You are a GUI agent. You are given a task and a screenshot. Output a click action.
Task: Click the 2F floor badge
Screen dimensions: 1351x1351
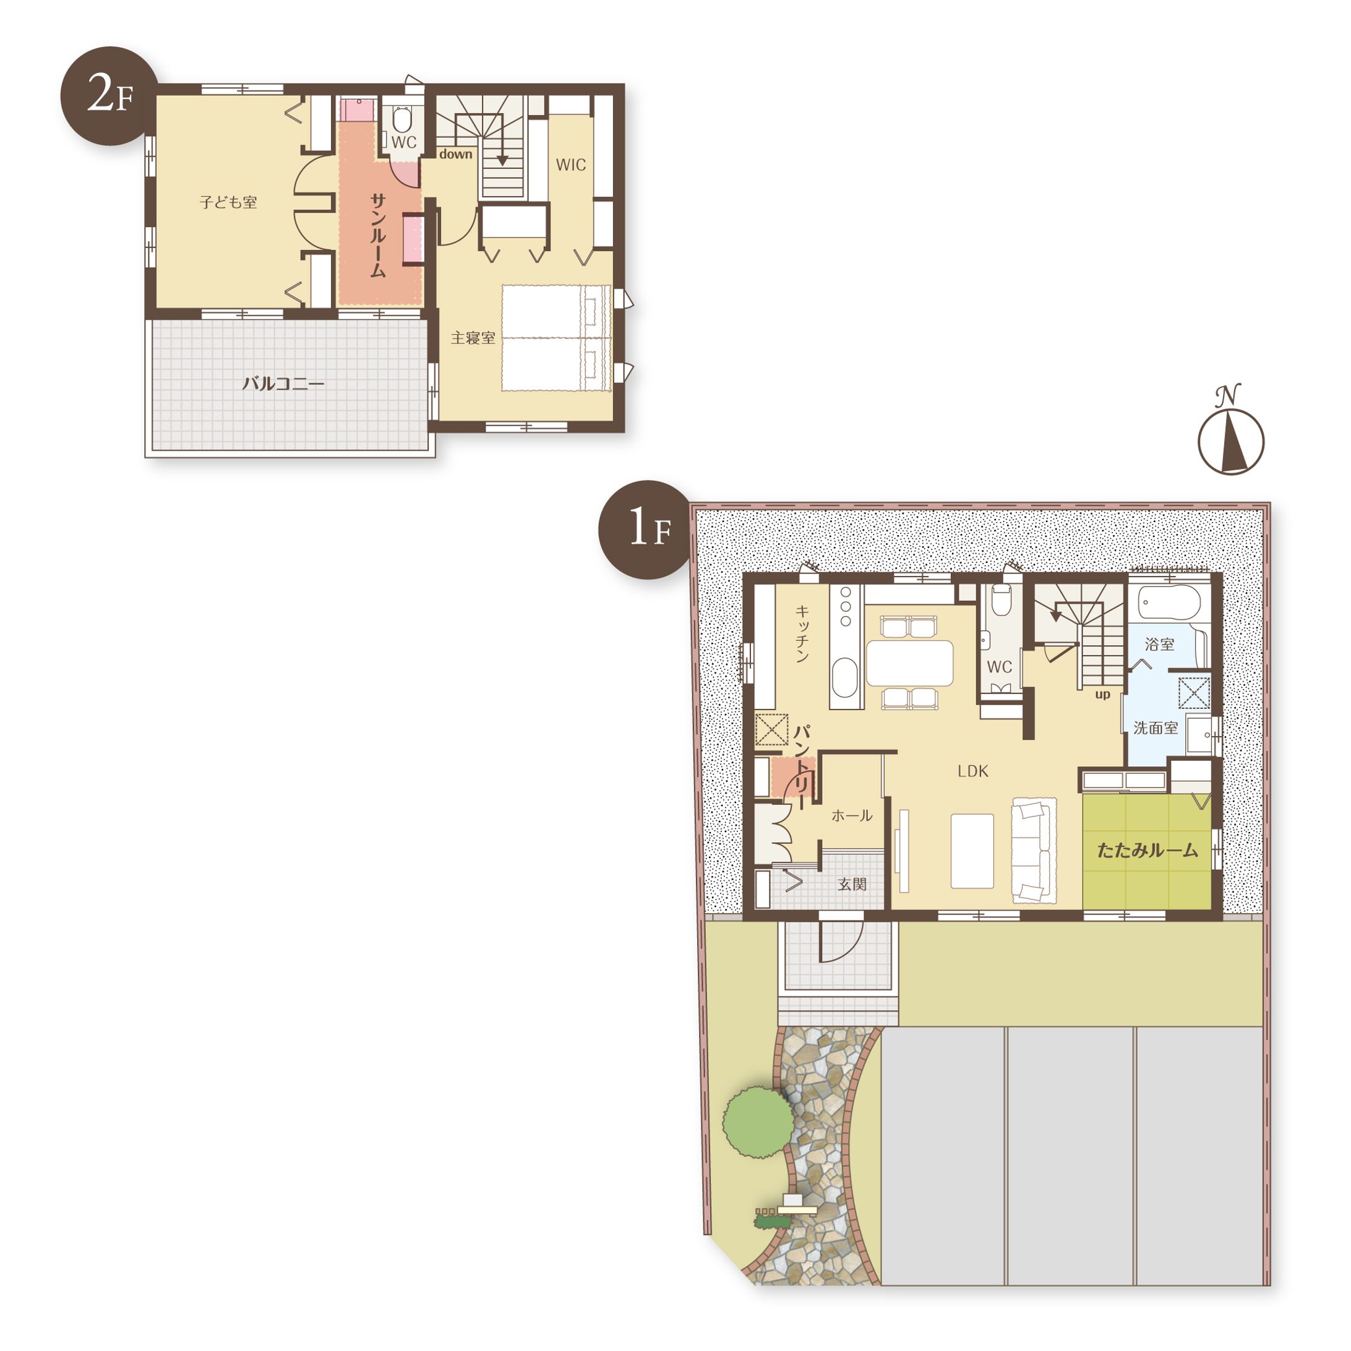pyautogui.click(x=109, y=96)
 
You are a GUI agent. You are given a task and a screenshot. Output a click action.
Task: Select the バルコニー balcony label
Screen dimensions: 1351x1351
pyautogui.click(x=283, y=384)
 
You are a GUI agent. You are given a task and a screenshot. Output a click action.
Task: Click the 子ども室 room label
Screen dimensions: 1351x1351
pyautogui.click(x=229, y=203)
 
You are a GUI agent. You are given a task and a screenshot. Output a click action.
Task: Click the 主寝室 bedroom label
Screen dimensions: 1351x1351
pyautogui.click(x=473, y=338)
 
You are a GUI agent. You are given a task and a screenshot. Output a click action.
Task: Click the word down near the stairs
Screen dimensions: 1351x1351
pyautogui.click(x=455, y=154)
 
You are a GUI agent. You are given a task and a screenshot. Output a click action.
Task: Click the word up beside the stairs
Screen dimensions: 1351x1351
pyautogui.click(x=1102, y=695)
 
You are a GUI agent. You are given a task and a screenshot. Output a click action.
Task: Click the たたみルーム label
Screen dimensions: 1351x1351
pyautogui.click(x=1147, y=851)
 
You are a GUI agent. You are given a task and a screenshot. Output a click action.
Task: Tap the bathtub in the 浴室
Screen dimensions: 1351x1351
pyautogui.click(x=1169, y=603)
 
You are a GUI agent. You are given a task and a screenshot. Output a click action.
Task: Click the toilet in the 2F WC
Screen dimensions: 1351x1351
pyautogui.click(x=401, y=119)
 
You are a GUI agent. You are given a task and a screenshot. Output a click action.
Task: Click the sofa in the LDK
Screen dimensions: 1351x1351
pyautogui.click(x=1034, y=849)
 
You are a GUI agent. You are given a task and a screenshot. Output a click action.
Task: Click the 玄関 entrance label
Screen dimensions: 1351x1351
pyautogui.click(x=852, y=884)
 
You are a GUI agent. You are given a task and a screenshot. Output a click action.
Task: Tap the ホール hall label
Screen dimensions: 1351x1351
pyautogui.click(x=852, y=815)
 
